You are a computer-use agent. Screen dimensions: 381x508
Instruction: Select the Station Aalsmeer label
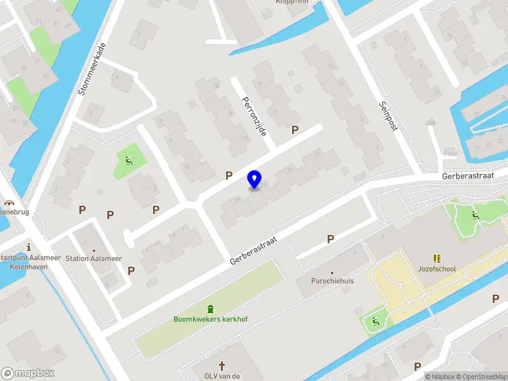pos(93,258)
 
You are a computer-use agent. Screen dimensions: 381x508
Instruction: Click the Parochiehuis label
pos(331,279)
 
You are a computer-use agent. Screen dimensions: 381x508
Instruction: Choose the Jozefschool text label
pos(436,269)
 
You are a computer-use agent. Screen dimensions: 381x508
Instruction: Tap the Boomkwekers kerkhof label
pos(211,319)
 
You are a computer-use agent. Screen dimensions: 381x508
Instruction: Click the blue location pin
pos(255,179)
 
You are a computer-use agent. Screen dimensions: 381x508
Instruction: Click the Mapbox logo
pos(28,373)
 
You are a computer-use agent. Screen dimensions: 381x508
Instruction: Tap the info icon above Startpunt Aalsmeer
pos(28,246)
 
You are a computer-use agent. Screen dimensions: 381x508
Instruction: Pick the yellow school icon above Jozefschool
pos(437,258)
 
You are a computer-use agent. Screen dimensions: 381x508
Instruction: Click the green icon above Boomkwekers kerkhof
pos(211,309)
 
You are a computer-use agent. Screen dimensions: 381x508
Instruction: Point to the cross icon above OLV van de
pos(222,366)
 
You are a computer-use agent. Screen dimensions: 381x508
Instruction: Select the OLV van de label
pos(222,376)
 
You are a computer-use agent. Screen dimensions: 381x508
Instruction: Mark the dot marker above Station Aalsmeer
pos(94,250)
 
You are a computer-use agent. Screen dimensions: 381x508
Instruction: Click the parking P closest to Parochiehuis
pos(330,239)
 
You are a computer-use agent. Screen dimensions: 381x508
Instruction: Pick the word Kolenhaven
pos(27,267)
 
